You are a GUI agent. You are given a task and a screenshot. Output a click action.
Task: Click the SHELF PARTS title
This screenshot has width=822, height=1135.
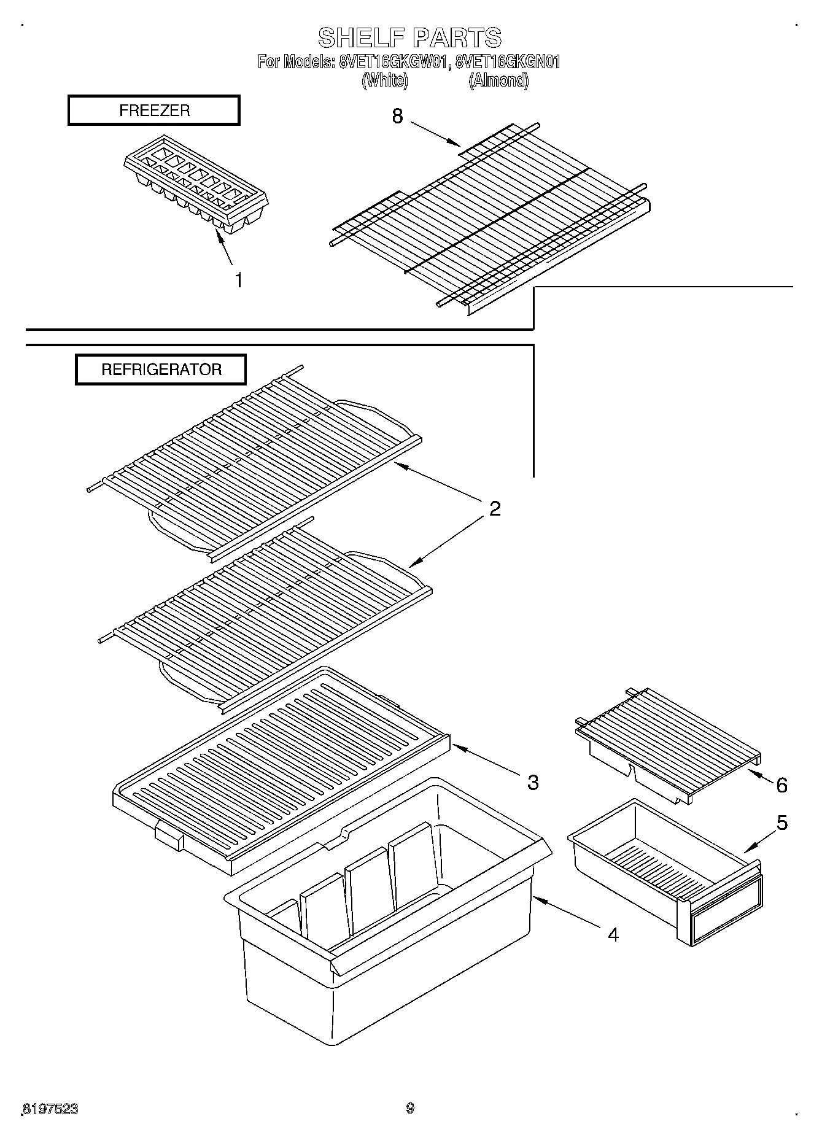[x=409, y=38]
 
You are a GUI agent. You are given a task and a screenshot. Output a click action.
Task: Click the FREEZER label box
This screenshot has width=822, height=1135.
[x=153, y=110]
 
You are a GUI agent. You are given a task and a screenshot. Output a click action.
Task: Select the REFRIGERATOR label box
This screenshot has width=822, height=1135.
[x=161, y=370]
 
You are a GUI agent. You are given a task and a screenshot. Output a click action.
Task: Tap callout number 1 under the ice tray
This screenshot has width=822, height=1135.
[x=239, y=280]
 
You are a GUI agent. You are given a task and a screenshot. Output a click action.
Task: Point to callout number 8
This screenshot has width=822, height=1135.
[x=398, y=115]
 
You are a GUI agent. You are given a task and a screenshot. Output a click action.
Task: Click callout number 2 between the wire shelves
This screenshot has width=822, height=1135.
[x=494, y=508]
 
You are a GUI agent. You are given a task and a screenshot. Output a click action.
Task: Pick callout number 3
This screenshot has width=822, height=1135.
[x=532, y=782]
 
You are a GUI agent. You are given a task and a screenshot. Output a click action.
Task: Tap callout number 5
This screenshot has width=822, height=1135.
[x=781, y=823]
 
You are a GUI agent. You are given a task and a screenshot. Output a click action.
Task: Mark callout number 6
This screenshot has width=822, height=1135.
[x=781, y=785]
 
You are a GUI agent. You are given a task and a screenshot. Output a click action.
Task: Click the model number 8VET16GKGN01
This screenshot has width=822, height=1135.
[x=508, y=62]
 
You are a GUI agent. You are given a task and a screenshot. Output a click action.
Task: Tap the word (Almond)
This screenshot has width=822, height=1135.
[x=498, y=80]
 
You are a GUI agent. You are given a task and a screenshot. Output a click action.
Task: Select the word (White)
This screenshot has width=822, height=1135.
[x=384, y=80]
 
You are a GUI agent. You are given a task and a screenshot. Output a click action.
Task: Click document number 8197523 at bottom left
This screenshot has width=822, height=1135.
[x=51, y=1109]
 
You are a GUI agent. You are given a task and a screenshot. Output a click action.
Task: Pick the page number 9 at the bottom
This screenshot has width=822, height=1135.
[x=410, y=1108]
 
